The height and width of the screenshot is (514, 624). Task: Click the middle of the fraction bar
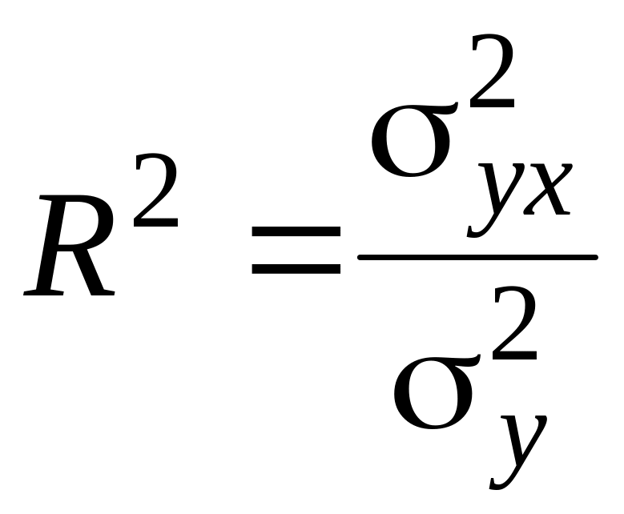477,257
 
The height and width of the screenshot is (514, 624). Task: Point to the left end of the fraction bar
361,257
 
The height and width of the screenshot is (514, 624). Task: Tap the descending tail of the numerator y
477,227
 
